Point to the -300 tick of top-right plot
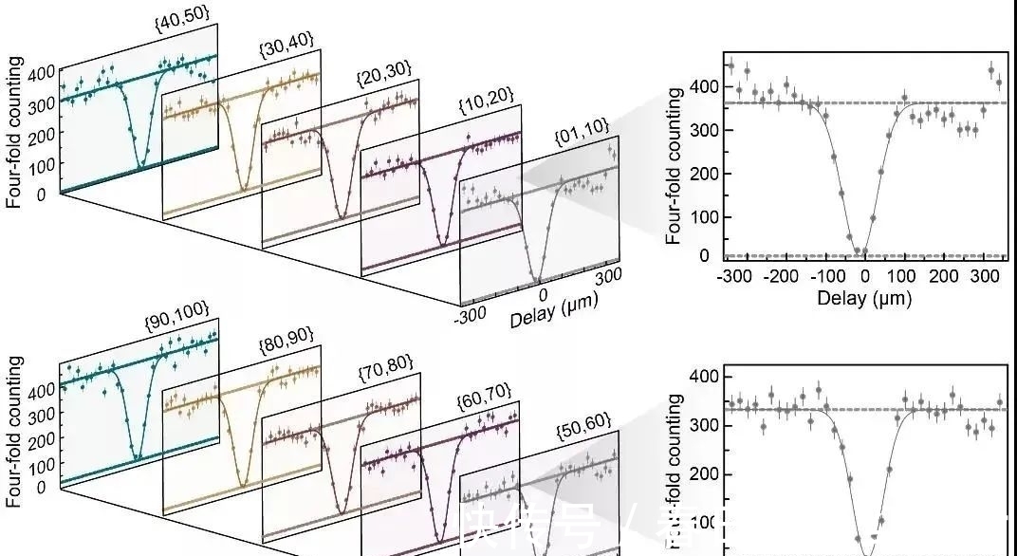click(732, 276)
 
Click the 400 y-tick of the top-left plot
click(43, 73)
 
